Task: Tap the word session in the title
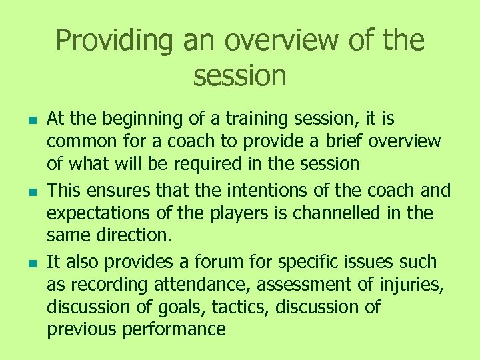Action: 239,75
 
